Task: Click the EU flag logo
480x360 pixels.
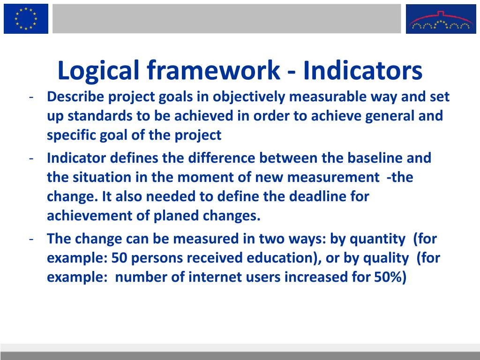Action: pyautogui.click(x=26, y=19)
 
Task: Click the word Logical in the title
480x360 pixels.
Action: pyautogui.click(x=98, y=71)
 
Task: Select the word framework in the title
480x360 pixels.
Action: pyautogui.click(x=212, y=71)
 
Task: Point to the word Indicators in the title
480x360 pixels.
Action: pyautogui.click(x=362, y=71)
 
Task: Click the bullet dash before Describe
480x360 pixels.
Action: pyautogui.click(x=30, y=97)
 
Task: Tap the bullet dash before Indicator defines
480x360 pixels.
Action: pyautogui.click(x=30, y=158)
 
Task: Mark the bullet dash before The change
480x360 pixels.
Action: pyautogui.click(x=30, y=239)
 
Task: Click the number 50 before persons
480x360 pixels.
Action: pyautogui.click(x=116, y=258)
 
